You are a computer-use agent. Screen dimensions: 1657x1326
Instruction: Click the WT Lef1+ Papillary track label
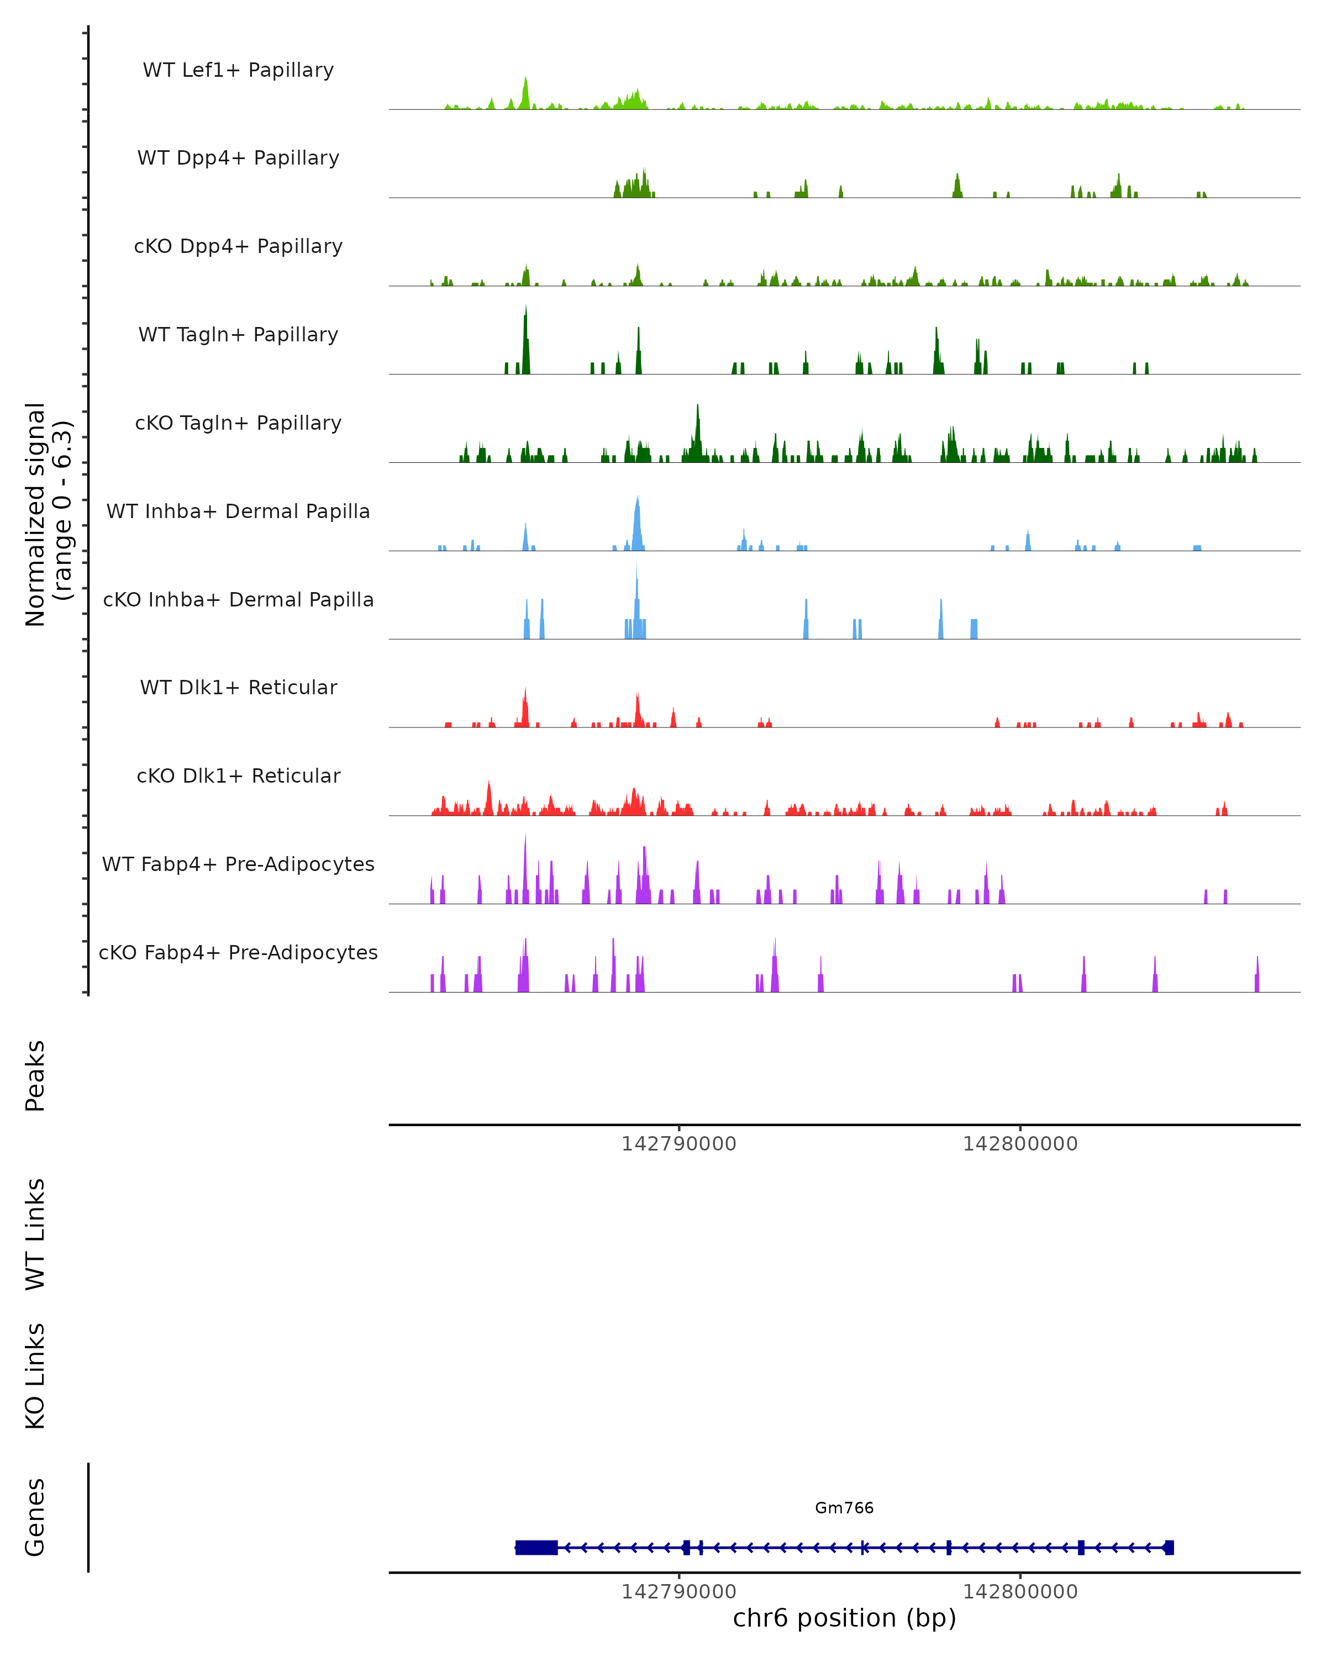pyautogui.click(x=238, y=70)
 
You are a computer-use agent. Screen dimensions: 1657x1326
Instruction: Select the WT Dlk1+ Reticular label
pyautogui.click(x=238, y=687)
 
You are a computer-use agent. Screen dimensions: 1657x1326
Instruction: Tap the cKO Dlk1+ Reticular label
pyautogui.click(x=238, y=775)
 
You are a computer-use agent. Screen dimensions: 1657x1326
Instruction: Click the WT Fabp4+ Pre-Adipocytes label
pyautogui.click(x=238, y=864)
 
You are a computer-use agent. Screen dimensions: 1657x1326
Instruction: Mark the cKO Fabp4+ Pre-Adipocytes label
pyautogui.click(x=238, y=952)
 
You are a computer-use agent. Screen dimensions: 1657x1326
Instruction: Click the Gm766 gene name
pyautogui.click(x=844, y=1508)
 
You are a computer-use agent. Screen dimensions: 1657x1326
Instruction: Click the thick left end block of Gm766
pyautogui.click(x=536, y=1548)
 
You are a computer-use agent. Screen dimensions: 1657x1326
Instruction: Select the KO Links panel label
pyautogui.click(x=35, y=1376)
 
